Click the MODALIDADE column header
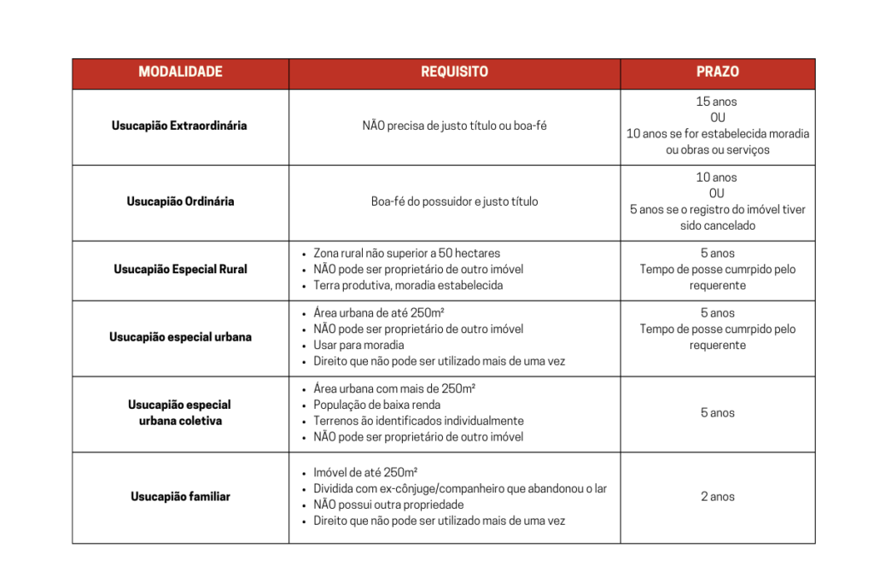[180, 73]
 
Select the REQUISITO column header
[454, 73]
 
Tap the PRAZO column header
[718, 73]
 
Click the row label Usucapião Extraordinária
[179, 125]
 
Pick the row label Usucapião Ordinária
[180, 201]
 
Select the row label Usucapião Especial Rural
[180, 269]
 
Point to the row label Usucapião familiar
[180, 496]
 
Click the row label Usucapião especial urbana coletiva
[179, 412]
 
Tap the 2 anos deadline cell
[718, 496]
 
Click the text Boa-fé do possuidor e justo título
[454, 201]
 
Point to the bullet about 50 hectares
[406, 253]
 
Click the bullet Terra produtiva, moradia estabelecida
[408, 285]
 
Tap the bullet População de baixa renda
[376, 405]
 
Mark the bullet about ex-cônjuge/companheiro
[460, 488]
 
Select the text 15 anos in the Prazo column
[717, 102]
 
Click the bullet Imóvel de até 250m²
[365, 472]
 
